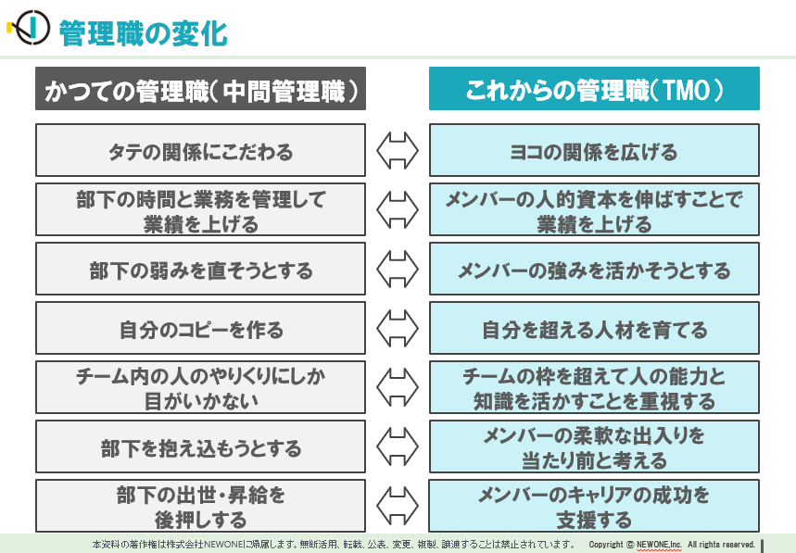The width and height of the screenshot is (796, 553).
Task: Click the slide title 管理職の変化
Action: coord(143,33)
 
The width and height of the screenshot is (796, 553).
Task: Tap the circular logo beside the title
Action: coord(32,28)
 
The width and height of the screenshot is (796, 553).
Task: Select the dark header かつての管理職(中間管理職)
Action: coord(200,88)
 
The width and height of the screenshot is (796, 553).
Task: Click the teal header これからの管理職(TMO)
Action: coord(594,88)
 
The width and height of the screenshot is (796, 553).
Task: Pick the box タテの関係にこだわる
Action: coord(200,150)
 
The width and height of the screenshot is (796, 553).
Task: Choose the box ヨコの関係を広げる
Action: coord(594,150)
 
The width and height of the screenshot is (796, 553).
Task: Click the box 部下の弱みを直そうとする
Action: coord(200,269)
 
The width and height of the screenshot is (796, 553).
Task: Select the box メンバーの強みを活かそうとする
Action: coord(594,269)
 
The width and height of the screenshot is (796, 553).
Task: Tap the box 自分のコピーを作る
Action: coord(200,328)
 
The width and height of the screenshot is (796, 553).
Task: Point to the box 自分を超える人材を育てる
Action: coord(594,328)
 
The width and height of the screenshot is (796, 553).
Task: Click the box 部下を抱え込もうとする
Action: coord(200,446)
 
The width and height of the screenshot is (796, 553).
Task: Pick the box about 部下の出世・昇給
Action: coord(200,506)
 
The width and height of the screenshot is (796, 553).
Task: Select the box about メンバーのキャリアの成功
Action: coord(594,506)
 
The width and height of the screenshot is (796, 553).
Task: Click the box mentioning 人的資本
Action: coord(594,209)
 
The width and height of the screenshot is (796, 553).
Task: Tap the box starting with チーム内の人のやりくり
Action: coord(200,387)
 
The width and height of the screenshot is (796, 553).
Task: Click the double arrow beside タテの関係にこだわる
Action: coord(398,151)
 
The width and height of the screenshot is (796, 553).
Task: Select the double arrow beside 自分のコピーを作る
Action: coord(398,328)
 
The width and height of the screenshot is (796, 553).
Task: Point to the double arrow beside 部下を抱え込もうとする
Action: coord(398,446)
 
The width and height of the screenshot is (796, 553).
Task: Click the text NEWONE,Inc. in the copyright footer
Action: coord(659,545)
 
